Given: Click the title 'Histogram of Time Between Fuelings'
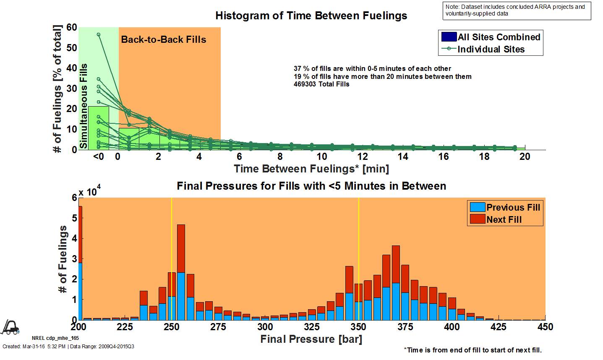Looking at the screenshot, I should point(311,16).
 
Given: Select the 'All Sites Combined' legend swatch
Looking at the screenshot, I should point(448,37).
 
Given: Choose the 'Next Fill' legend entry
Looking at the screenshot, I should point(504,219).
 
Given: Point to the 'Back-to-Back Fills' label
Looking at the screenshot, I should point(164,40).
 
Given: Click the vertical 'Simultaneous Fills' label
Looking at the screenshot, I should point(84,106).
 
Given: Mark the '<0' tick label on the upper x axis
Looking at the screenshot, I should point(98,157).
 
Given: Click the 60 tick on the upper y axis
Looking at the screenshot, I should point(72,28).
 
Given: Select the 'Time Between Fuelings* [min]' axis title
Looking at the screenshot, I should point(311,169).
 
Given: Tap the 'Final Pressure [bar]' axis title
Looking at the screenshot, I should point(311,339).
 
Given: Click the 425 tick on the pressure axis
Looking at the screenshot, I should point(498,327).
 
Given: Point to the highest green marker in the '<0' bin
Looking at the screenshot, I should point(99,34).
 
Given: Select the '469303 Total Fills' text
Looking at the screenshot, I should point(321,84).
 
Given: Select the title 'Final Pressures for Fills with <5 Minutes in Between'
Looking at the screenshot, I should point(311,186).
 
